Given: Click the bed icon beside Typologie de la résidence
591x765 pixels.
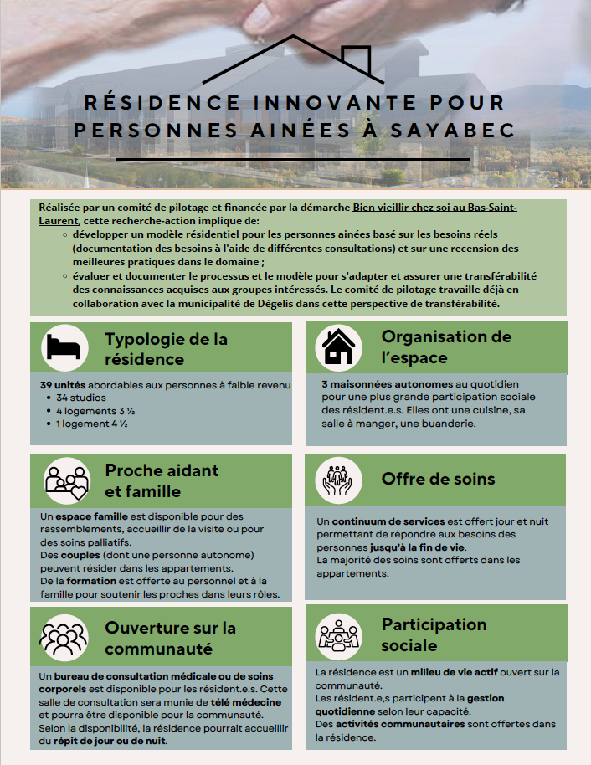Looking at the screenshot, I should pyautogui.click(x=65, y=347).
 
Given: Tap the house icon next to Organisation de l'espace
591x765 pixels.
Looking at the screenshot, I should pyautogui.click(x=338, y=347).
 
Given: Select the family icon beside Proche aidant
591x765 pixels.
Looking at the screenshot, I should pyautogui.click(x=67, y=480).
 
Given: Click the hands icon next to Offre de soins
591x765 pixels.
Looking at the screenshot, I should pyautogui.click(x=338, y=480).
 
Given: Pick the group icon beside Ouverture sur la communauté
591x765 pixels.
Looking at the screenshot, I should pyautogui.click(x=64, y=638).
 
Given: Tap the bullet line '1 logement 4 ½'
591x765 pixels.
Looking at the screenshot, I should pyautogui.click(x=91, y=424).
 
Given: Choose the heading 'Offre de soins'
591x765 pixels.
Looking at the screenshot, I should pyautogui.click(x=438, y=480).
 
